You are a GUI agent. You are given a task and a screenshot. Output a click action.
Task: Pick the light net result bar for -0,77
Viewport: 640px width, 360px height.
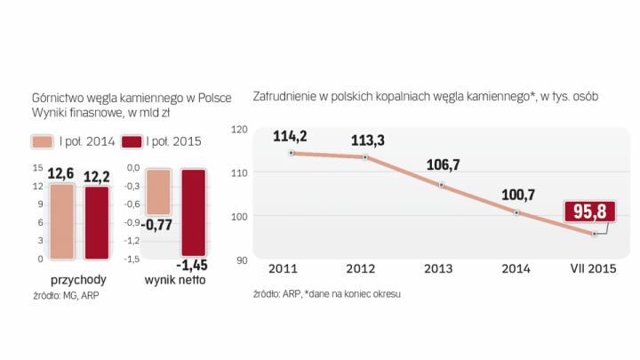[x=158, y=190]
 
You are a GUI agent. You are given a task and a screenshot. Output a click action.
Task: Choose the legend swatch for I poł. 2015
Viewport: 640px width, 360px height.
[x=132, y=142]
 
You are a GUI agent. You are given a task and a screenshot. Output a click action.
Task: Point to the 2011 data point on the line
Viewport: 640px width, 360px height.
[x=292, y=153]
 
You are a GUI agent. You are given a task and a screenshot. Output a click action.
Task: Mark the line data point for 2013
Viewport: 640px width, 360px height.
[x=442, y=185]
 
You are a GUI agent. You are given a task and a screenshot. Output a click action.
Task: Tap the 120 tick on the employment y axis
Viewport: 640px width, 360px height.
[x=238, y=129]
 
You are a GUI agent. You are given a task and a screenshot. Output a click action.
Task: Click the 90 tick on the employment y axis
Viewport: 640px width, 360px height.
[x=241, y=260]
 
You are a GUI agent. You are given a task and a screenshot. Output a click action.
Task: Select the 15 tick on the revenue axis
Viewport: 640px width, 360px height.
[x=38, y=167]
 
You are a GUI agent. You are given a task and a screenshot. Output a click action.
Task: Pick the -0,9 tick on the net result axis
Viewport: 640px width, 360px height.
[x=134, y=222]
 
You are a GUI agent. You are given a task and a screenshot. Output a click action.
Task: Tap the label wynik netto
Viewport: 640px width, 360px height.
[x=174, y=280]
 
